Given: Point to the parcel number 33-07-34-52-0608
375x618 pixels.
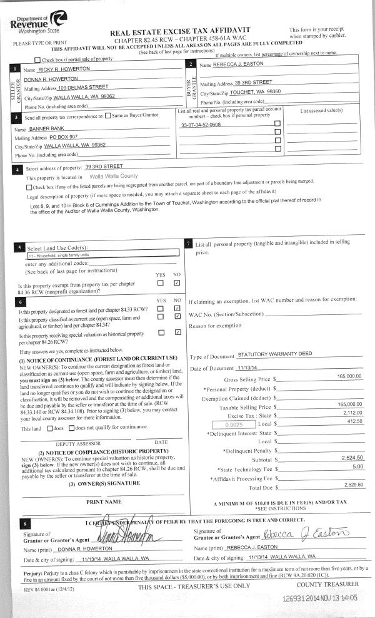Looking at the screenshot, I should pos(200,125).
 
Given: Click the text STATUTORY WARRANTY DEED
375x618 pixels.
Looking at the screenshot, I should pos(275,354).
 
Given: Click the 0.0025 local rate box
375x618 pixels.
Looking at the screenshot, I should pos(231,424).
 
